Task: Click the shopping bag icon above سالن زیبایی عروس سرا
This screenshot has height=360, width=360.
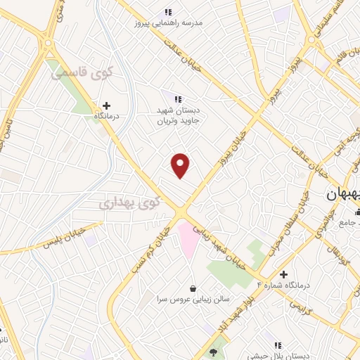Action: pos(193,288)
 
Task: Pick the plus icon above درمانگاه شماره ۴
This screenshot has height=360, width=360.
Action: pos(283,274)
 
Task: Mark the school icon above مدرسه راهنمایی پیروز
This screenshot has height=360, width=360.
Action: pos(167,12)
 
